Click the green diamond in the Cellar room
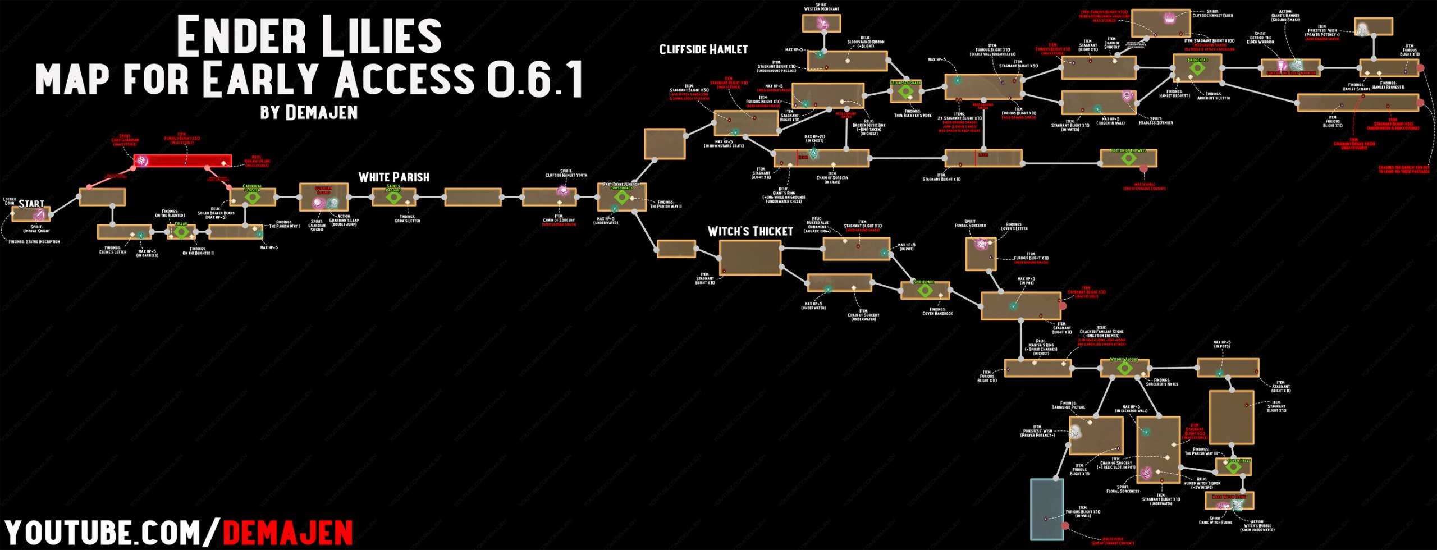(181, 232)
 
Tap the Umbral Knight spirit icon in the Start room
(38, 215)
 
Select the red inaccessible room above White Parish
(183, 162)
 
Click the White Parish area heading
(393, 177)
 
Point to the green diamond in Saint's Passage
(393, 197)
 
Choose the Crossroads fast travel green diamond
(621, 198)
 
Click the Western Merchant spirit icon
(822, 24)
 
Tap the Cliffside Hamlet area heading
(703, 49)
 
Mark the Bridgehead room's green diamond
(1197, 68)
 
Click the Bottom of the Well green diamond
(1128, 159)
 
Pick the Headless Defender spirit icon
(1127, 96)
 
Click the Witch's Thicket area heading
(750, 231)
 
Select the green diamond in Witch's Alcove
(1124, 368)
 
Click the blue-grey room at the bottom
(1047, 510)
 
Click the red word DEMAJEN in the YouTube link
(288, 533)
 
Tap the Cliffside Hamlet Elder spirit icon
(1169, 19)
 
